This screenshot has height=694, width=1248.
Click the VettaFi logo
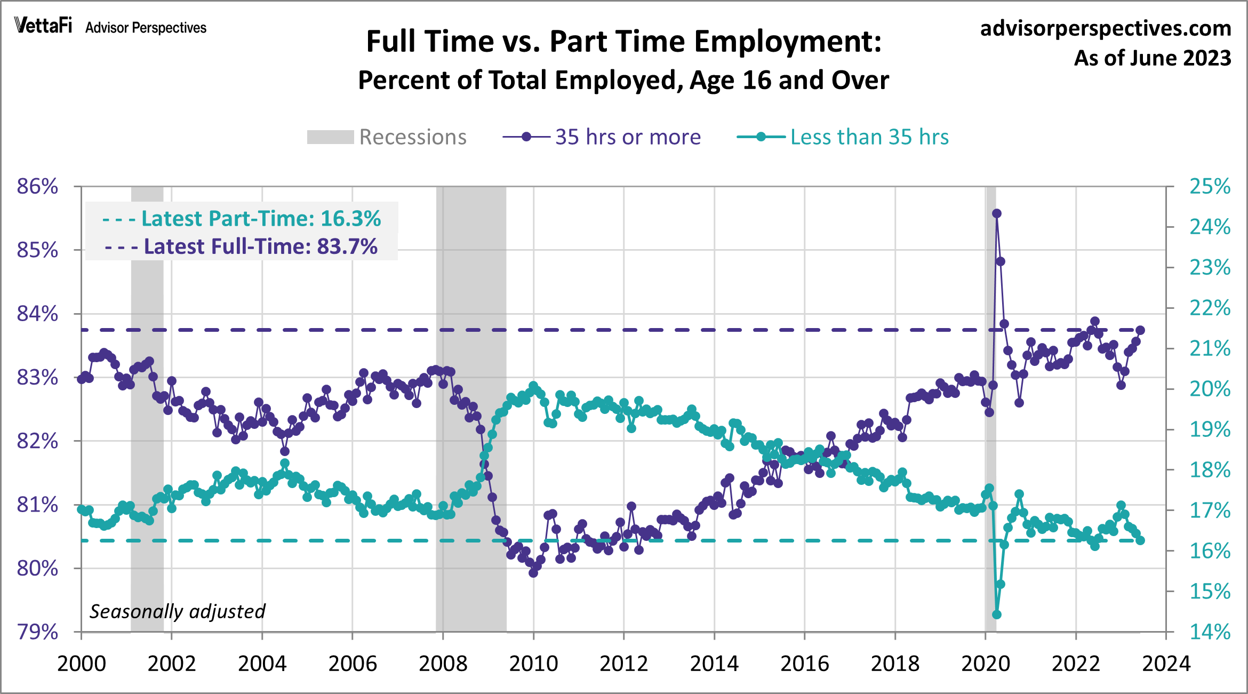[x=43, y=26]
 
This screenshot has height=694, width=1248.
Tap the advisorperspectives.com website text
[x=1105, y=28]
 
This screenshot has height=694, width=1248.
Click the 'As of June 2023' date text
[x=1152, y=58]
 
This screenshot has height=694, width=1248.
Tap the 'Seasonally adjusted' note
[x=177, y=611]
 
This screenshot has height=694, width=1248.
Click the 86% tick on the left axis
[x=37, y=187]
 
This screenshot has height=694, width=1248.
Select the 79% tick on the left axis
[x=37, y=632]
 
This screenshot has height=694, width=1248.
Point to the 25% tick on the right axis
[x=1210, y=187]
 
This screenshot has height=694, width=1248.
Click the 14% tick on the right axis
[x=1210, y=632]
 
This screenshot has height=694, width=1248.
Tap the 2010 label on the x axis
[x=533, y=664]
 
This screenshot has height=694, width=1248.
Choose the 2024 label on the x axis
[x=1166, y=664]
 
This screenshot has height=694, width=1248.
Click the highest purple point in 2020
[x=997, y=213]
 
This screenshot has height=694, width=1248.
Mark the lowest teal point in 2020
[x=997, y=615]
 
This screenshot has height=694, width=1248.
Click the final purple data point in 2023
[x=1140, y=330]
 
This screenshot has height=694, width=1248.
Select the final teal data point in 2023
[x=1140, y=540]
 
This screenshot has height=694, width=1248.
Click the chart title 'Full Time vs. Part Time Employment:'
[x=623, y=42]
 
